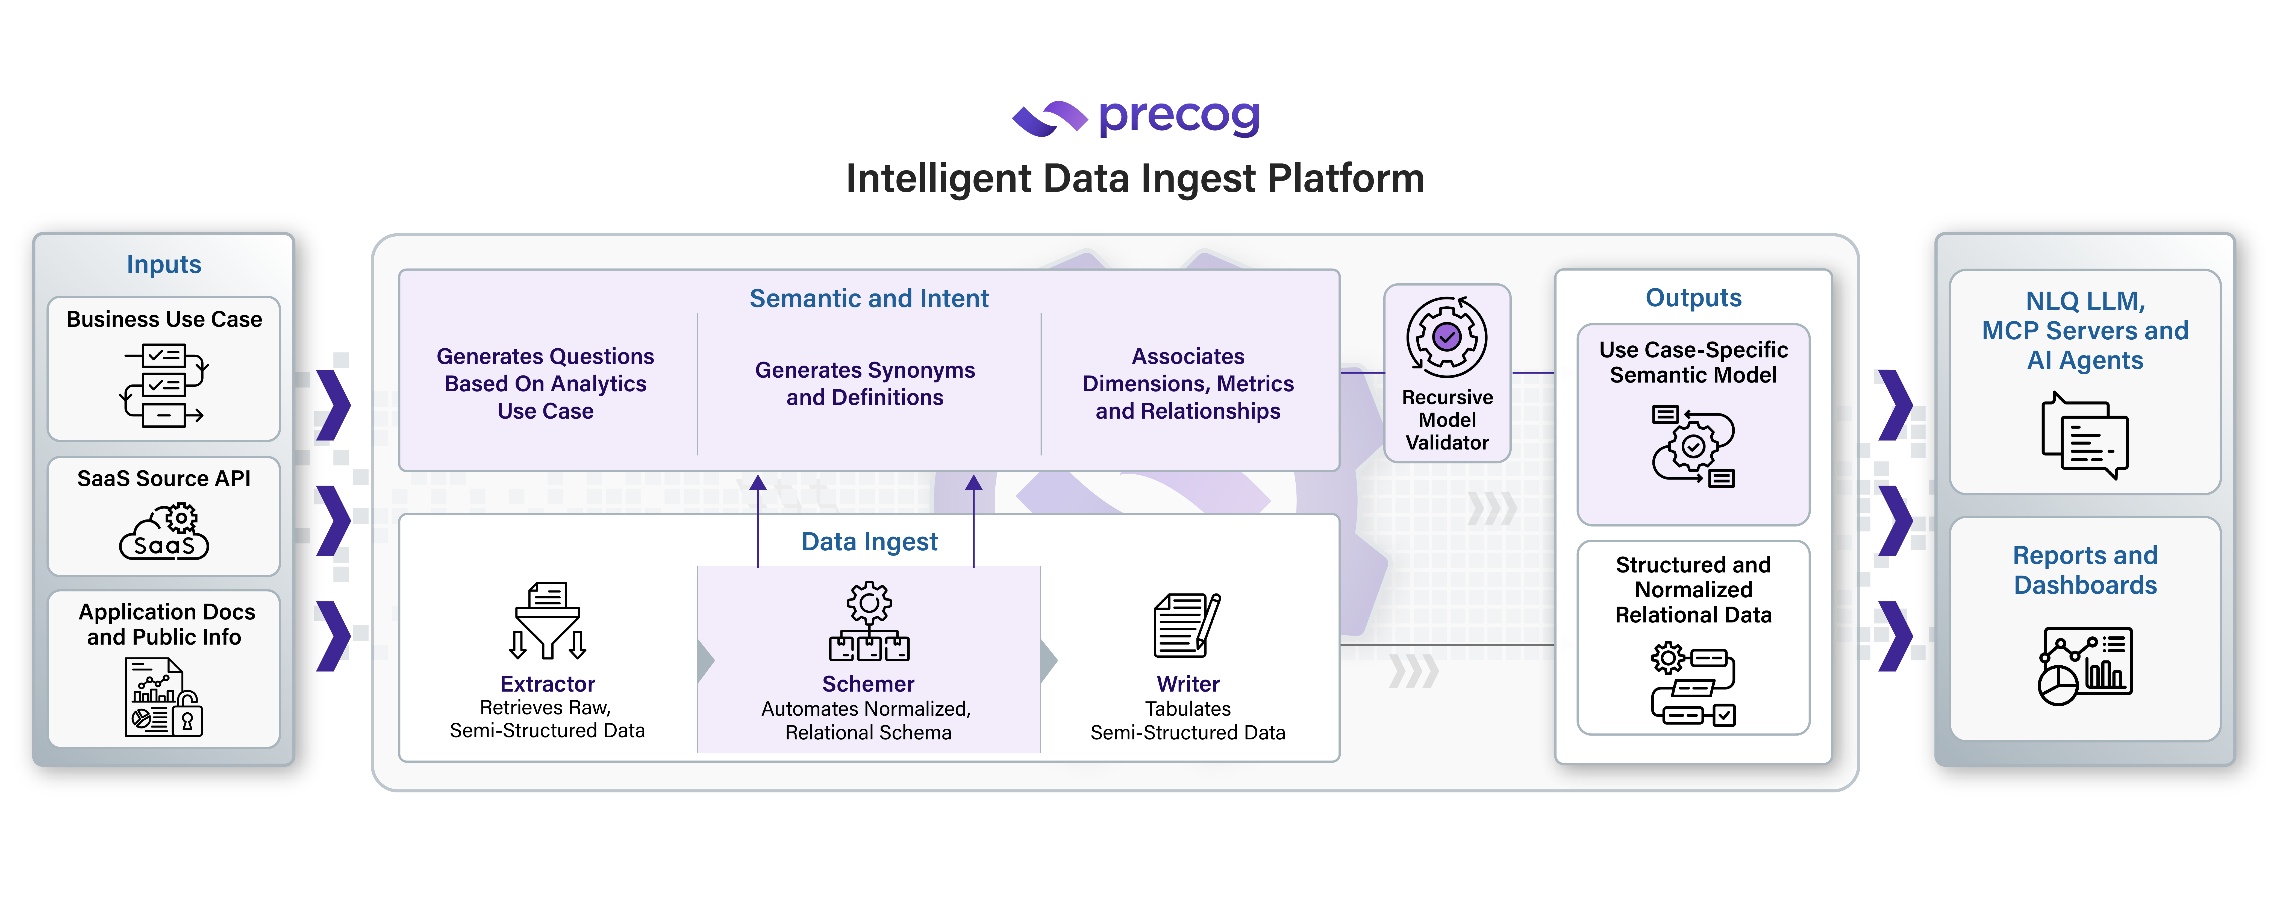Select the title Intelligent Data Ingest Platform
tap(1135, 178)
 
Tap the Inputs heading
tap(164, 264)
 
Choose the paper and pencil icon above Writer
tap(1186, 625)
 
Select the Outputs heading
tap(1693, 298)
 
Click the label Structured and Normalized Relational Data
tap(1693, 589)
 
